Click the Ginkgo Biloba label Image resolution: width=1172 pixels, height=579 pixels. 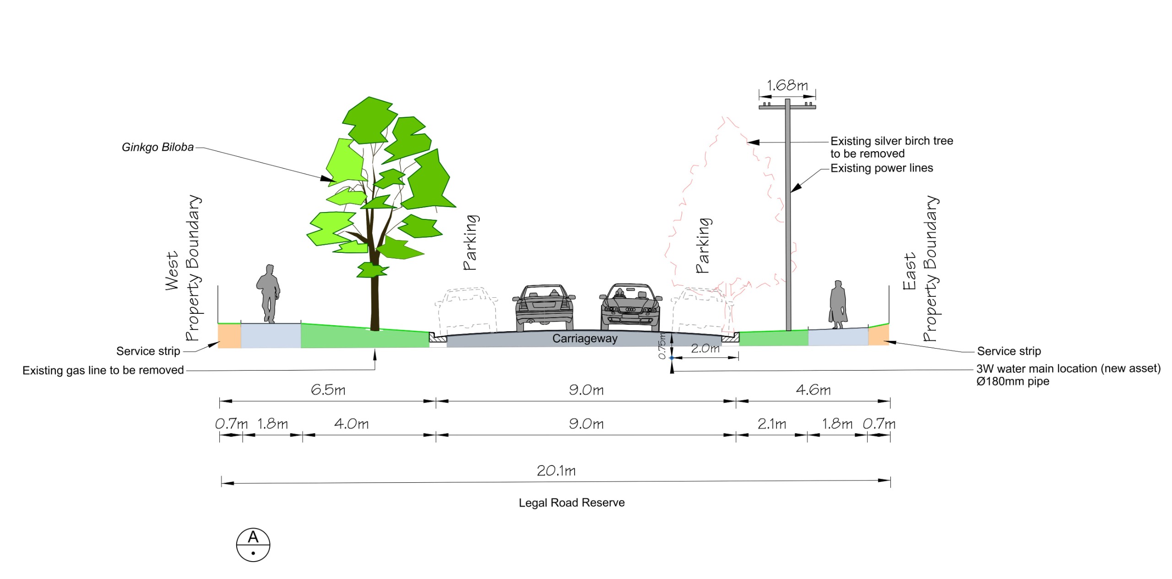(157, 147)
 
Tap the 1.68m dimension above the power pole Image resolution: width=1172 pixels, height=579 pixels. (787, 85)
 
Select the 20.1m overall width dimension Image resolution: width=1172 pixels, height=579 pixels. (556, 470)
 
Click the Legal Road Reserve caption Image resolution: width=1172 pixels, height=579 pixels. (571, 503)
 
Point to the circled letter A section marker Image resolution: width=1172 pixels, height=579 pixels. (253, 545)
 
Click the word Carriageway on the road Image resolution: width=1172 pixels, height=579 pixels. (585, 339)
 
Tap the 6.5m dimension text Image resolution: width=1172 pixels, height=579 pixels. (328, 390)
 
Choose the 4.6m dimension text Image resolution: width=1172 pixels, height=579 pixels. (813, 390)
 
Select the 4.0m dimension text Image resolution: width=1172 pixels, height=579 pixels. (351, 424)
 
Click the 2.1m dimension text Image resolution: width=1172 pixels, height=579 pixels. (772, 424)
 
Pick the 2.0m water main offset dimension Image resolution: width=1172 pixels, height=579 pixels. (705, 349)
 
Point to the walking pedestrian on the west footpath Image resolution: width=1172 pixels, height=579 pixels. (268, 294)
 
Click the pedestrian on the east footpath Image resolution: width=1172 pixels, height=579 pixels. (838, 305)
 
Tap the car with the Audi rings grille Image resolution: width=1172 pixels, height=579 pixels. (630, 307)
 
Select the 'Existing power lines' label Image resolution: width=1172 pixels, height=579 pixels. (882, 168)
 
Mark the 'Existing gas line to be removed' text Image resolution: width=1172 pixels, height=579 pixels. (103, 370)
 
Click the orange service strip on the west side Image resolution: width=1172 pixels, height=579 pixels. (229, 336)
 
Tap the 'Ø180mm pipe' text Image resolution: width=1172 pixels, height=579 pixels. (1013, 382)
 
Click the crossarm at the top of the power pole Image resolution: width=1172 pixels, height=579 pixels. (787, 107)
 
